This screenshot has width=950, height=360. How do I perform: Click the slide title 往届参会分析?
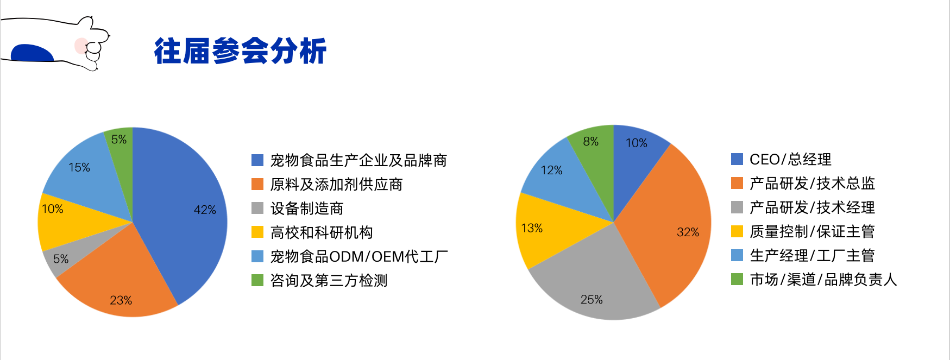coord(240,51)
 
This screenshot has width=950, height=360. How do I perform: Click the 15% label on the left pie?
coord(79,167)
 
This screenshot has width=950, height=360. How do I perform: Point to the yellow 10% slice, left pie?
coord(71,223)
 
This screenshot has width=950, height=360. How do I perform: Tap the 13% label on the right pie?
coord(532,228)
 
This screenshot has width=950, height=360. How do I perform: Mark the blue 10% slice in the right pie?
coord(636,157)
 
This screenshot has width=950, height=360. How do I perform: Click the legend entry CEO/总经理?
coord(782,159)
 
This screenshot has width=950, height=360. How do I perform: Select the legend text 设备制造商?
coord(307,209)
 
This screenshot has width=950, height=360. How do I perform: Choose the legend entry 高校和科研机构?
coord(322,232)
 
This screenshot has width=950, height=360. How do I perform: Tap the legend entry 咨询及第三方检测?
coord(329,280)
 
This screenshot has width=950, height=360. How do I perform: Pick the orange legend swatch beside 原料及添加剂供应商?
coord(257,184)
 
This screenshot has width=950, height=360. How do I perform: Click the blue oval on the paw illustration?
coord(33,53)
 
